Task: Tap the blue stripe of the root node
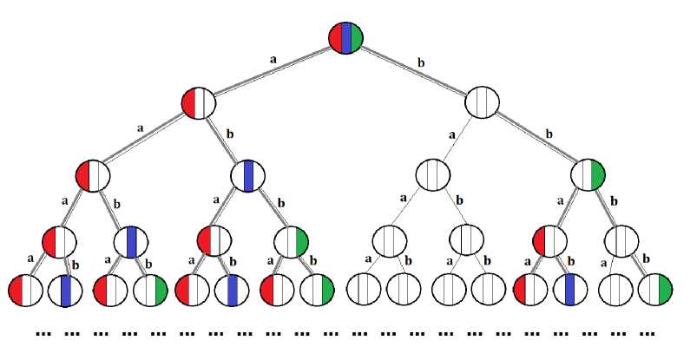point(346,38)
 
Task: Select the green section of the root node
point(356,38)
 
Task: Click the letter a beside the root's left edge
point(274,60)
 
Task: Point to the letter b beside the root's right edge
point(422,62)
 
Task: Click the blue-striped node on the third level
point(248,175)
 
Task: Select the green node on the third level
point(588,175)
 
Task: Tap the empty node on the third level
point(432,175)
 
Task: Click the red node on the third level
point(93,175)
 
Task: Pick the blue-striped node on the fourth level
point(131,239)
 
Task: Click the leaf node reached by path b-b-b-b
point(654,290)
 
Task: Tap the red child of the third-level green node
point(549,239)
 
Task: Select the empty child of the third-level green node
point(621,239)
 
